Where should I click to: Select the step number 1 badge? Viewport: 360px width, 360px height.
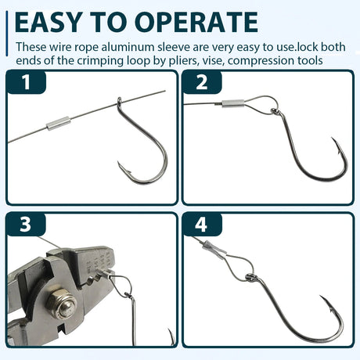(26, 82)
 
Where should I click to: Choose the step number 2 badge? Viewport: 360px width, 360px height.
(202, 82)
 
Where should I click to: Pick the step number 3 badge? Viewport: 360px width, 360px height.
(26, 225)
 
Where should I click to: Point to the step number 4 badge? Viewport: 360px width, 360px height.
(202, 225)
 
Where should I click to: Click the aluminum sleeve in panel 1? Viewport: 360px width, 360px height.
(58, 123)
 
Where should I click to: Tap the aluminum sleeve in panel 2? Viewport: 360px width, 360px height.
(233, 103)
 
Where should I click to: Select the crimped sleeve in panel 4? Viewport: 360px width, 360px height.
(214, 249)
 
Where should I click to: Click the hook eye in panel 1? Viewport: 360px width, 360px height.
(119, 103)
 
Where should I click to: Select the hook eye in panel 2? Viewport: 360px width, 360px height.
(275, 112)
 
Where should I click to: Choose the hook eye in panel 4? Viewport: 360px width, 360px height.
(250, 278)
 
